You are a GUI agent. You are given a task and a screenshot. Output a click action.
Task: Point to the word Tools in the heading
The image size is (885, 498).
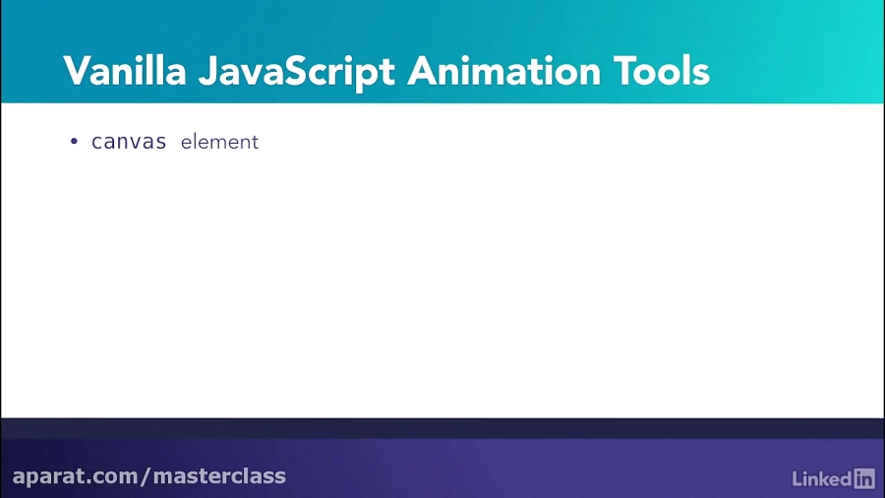[x=661, y=71]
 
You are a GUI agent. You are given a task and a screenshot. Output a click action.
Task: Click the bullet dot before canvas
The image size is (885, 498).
[x=74, y=142]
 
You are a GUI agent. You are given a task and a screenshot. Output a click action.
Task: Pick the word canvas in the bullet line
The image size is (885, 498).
[x=129, y=142]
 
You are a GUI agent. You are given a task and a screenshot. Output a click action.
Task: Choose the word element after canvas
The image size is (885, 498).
[x=219, y=142]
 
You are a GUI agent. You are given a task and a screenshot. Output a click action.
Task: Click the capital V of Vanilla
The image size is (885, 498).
[x=76, y=71]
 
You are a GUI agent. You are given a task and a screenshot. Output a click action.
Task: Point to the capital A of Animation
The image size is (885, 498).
[x=425, y=71]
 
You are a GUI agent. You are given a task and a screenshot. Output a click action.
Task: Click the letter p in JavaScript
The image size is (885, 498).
[x=370, y=75]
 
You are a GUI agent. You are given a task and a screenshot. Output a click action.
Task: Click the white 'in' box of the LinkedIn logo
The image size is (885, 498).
[x=864, y=478]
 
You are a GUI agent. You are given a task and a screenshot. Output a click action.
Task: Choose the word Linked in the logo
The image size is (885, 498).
[x=821, y=479]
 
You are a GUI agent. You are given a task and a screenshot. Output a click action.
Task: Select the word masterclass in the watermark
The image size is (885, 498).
[x=219, y=476]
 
